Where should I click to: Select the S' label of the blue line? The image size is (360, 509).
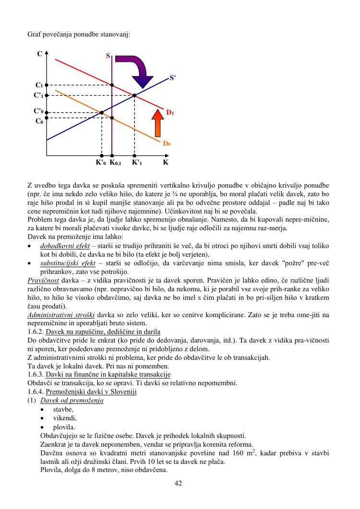pyautogui.click(x=173, y=78)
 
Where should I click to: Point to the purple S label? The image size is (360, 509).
pyautogui.click(x=108, y=56)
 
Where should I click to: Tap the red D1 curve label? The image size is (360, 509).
pyautogui.click(x=170, y=113)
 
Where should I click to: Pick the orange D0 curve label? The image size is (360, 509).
pyautogui.click(x=167, y=143)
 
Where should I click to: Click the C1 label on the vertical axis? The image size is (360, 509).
pyautogui.click(x=39, y=85)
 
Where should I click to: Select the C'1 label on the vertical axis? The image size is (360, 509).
pyautogui.click(x=38, y=95)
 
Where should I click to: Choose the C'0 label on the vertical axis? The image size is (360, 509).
pyautogui.click(x=38, y=111)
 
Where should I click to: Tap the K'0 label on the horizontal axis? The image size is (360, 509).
pyautogui.click(x=100, y=163)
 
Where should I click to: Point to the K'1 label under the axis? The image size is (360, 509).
pyautogui.click(x=137, y=163)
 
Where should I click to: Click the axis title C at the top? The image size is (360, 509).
pyautogui.click(x=39, y=54)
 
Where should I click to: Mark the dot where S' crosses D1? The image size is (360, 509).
pyautogui.click(x=134, y=95)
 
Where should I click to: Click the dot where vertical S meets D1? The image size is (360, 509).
pyautogui.click(x=112, y=85)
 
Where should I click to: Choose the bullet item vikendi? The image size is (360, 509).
pyautogui.click(x=65, y=418)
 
